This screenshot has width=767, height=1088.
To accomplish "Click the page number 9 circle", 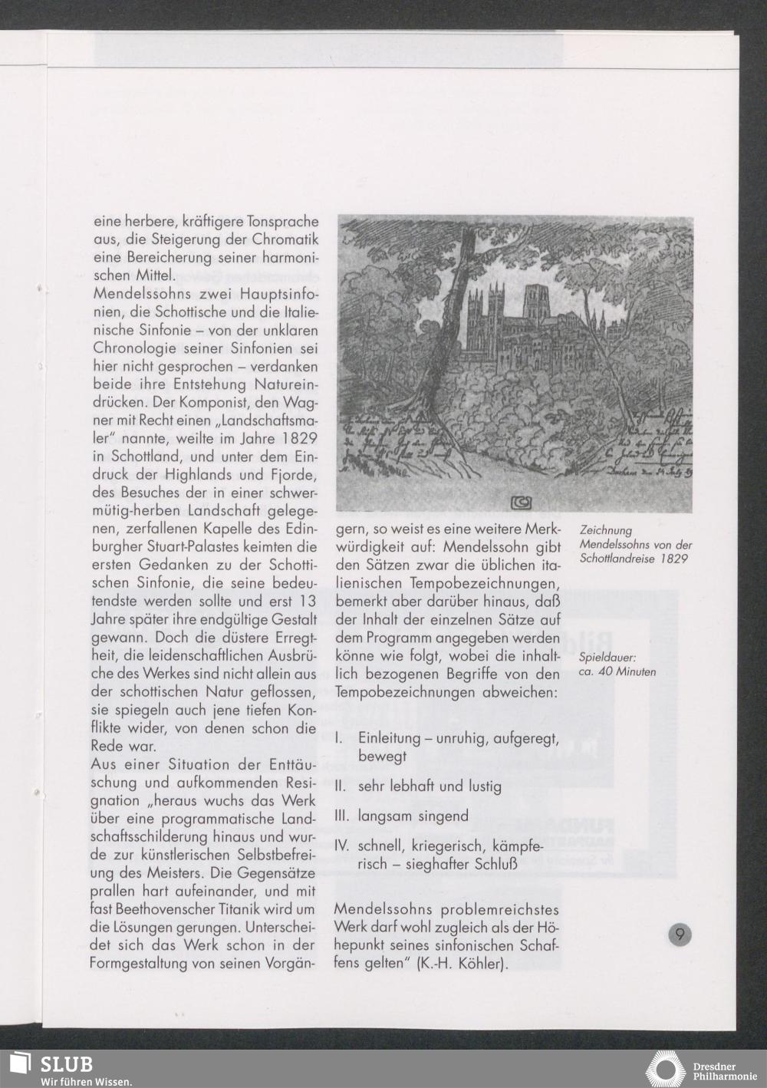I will [x=679, y=935].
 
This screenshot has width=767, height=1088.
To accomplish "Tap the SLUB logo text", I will [x=67, y=1064].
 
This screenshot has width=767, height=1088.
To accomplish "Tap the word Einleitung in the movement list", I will [x=390, y=738].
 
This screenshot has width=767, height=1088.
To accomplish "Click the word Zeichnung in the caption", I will [x=606, y=530].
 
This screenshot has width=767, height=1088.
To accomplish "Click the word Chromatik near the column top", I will [x=282, y=239].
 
